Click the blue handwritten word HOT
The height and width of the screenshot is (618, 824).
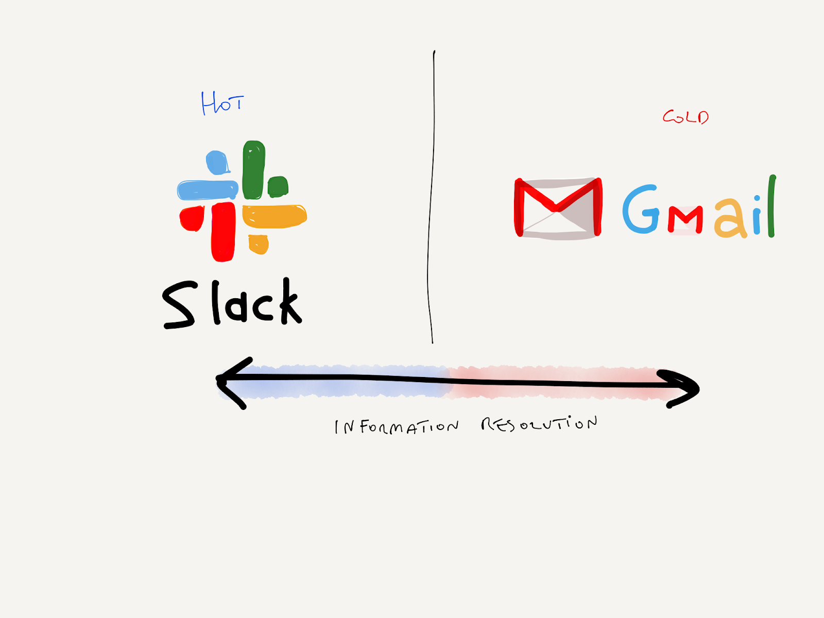point(222,103)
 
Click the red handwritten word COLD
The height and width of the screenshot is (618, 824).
point(685,117)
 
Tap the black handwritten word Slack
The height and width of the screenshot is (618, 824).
point(232,303)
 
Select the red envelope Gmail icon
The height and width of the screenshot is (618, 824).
point(558,208)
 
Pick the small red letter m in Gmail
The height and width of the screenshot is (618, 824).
point(685,220)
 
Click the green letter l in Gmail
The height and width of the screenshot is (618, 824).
point(771,206)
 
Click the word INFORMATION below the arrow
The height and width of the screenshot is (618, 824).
point(396,427)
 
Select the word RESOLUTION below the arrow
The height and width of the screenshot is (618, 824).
point(539,424)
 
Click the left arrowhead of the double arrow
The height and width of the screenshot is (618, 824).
point(230,382)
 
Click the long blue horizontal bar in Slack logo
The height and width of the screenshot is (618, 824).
point(207,190)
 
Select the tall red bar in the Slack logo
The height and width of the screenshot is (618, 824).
point(222,231)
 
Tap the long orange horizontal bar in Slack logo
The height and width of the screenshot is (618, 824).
point(274,216)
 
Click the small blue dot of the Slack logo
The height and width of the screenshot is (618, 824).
point(217,162)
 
